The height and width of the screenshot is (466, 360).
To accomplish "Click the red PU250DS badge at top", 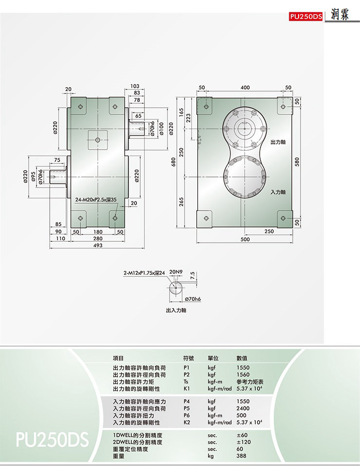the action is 305,17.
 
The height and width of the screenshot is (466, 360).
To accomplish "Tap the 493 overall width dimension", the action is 98,246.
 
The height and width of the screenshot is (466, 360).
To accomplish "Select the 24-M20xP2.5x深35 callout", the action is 95,200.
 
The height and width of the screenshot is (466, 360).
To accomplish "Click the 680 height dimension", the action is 174,162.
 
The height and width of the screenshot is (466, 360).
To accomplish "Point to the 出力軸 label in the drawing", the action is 278,142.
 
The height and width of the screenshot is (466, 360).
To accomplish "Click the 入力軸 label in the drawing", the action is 278,192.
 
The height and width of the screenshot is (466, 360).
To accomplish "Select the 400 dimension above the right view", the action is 245,87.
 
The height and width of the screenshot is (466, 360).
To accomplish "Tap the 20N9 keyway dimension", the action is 176,272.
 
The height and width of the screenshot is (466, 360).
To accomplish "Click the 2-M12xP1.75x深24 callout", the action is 144,273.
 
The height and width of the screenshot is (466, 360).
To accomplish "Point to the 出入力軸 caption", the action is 176,311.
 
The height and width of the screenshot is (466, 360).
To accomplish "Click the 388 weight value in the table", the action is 241,456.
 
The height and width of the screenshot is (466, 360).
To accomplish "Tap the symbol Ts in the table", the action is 186,382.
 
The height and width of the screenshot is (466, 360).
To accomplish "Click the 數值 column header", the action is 242,358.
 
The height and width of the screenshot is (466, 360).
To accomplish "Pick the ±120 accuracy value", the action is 244,442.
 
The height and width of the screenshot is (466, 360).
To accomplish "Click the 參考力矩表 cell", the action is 250,382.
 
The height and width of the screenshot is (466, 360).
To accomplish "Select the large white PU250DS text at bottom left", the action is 52,440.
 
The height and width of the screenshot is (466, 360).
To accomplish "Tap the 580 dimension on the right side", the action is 297,162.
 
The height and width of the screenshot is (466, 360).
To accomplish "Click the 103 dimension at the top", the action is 134,86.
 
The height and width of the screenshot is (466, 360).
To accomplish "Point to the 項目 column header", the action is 118,358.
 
